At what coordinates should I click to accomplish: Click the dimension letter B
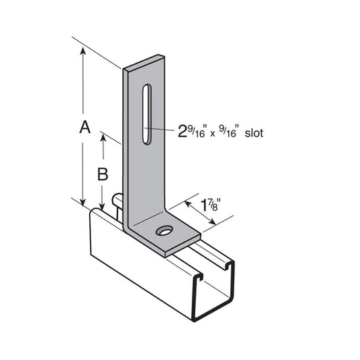coord(103,174)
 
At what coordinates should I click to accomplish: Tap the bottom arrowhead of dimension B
coord(103,208)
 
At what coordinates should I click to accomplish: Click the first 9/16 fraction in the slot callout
coord(195,129)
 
